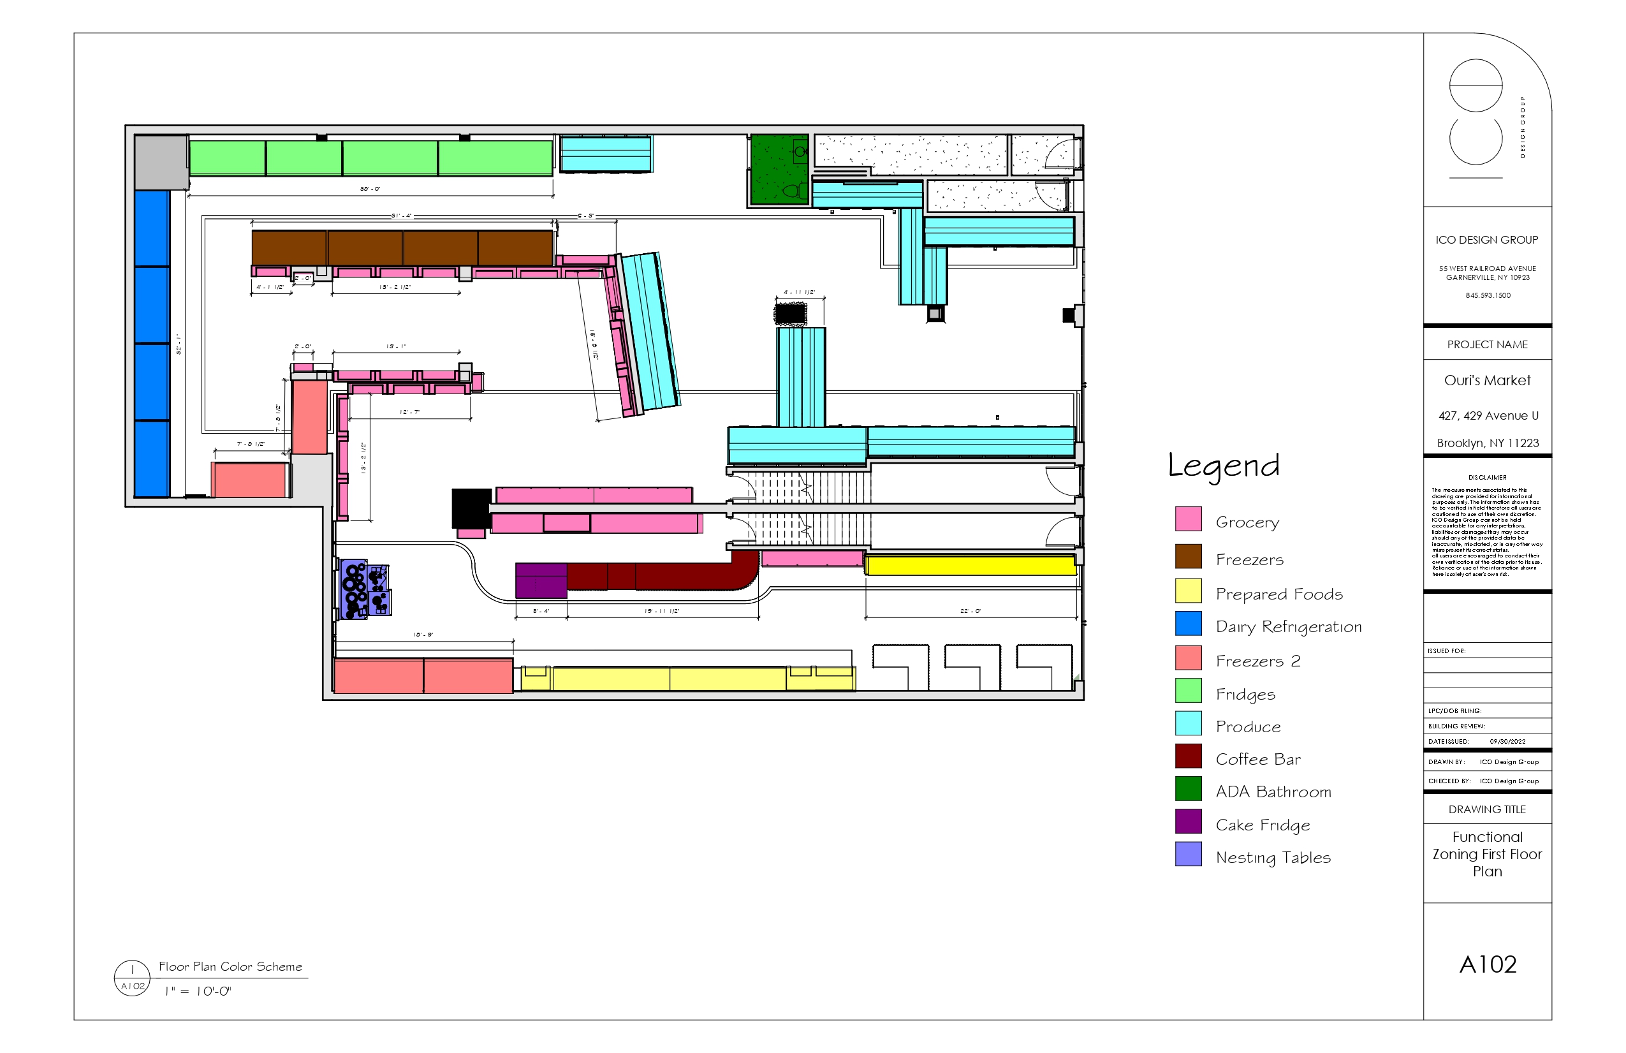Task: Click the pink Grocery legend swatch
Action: point(1188,519)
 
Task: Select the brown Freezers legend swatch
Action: point(1188,556)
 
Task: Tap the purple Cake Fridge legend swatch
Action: point(1188,821)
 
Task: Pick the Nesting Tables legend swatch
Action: point(1188,854)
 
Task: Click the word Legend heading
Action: point(1223,466)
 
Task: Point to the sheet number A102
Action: point(1487,964)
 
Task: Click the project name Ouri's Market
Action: point(1486,381)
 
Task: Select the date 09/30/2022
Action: point(1507,741)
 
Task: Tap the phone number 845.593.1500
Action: point(1487,295)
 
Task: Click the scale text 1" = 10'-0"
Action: point(198,992)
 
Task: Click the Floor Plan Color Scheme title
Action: point(230,966)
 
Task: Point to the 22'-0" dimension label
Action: point(970,611)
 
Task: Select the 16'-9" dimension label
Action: point(423,635)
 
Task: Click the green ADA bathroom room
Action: point(778,170)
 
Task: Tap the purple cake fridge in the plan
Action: point(541,580)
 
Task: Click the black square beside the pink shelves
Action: point(471,507)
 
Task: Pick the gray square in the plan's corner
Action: point(161,162)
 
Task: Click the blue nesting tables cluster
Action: point(365,590)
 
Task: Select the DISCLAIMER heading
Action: point(1486,478)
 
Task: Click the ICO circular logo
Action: point(1476,113)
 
